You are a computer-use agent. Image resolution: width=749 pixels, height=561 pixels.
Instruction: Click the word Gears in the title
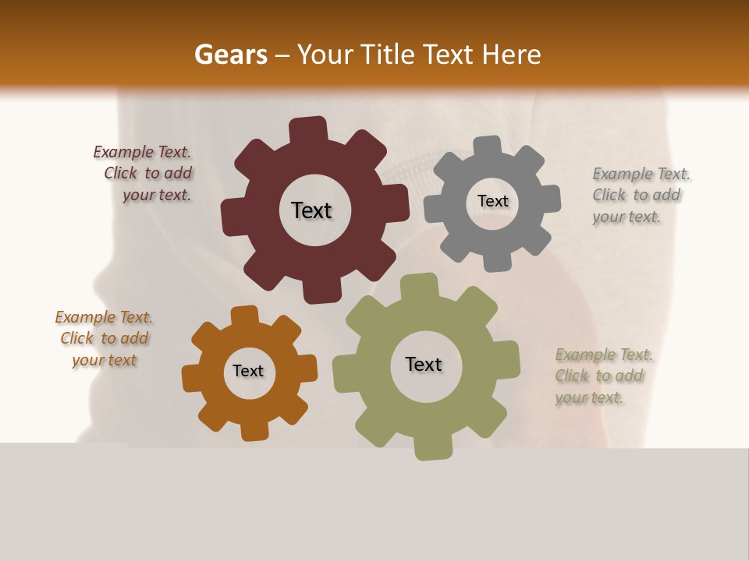pyautogui.click(x=230, y=55)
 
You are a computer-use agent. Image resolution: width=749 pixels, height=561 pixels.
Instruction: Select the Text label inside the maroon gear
pyautogui.click(x=311, y=210)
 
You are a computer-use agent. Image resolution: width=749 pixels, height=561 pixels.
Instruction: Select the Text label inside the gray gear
pyautogui.click(x=492, y=201)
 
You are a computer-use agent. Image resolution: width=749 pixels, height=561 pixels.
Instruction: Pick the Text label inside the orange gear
pyautogui.click(x=248, y=371)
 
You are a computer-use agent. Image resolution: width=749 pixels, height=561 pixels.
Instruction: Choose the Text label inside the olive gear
pyautogui.click(x=424, y=364)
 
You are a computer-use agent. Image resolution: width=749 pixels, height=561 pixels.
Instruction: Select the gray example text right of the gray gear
pyautogui.click(x=640, y=195)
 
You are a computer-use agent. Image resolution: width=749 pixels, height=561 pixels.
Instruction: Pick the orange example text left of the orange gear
pyautogui.click(x=104, y=339)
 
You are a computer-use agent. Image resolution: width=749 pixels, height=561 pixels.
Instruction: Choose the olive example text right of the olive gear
pyautogui.click(x=602, y=376)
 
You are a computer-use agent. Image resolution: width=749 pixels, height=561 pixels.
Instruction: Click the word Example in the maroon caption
pyautogui.click(x=122, y=153)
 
